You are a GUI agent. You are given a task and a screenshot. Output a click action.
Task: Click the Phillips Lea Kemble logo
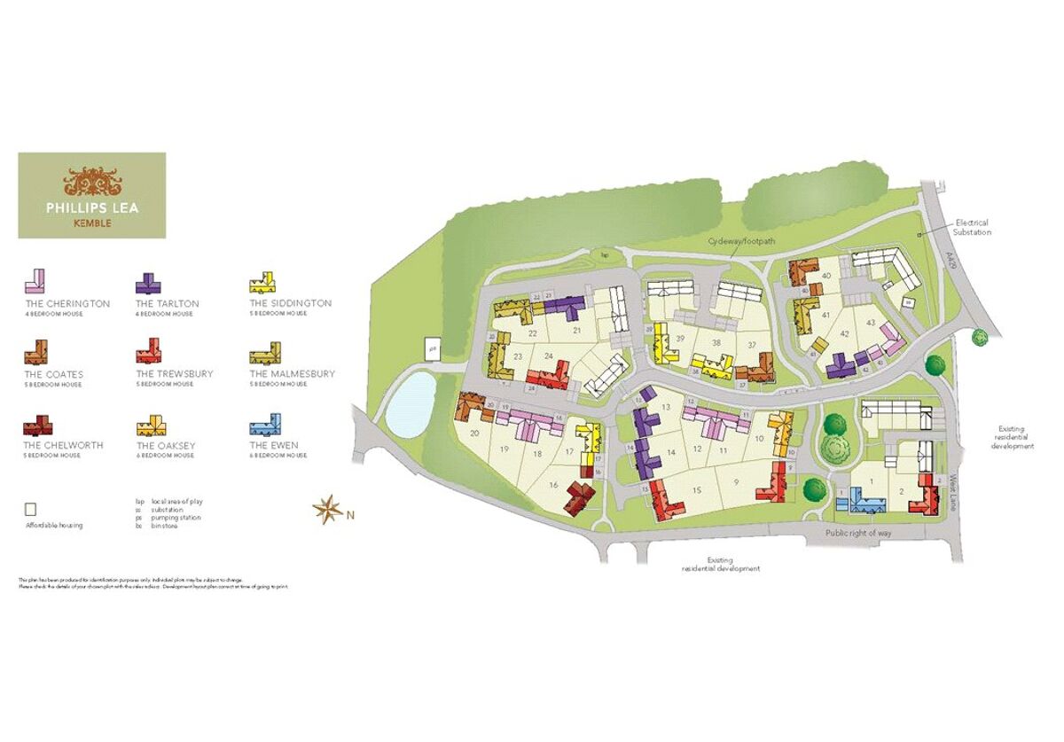tap(92, 195)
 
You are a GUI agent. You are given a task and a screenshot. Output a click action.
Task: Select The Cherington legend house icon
tap(37, 282)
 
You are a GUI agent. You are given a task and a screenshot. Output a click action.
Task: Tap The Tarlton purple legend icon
tap(148, 283)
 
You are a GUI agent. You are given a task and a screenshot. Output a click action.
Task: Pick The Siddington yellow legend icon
tap(261, 283)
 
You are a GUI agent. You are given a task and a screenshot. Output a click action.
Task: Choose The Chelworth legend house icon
tap(37, 425)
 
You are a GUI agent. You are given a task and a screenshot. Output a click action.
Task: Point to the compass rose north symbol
tap(327, 509)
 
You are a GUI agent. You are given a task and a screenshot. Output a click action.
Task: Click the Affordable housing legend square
tap(30, 510)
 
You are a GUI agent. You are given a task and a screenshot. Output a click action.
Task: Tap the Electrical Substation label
tap(971, 228)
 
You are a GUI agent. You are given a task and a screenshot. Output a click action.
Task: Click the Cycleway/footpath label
tap(737, 241)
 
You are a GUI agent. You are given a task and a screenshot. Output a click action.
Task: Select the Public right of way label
tap(858, 533)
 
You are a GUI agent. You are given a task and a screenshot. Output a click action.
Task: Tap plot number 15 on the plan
tap(697, 490)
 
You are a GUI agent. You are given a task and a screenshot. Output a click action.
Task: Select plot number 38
tap(716, 342)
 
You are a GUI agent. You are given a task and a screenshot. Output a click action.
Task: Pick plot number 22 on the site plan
tap(533, 333)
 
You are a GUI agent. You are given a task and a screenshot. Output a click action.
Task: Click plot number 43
tap(871, 321)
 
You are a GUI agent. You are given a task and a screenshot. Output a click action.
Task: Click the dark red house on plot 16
tap(581, 496)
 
